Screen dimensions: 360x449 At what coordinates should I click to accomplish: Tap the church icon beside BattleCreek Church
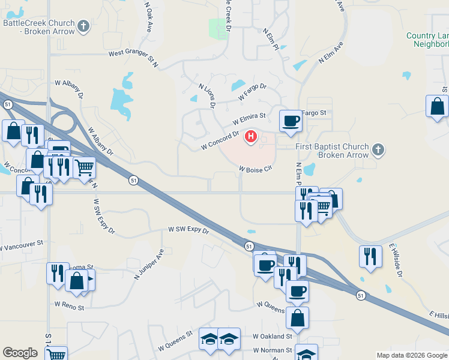point(83,26)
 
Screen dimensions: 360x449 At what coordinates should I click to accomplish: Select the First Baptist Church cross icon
point(378,149)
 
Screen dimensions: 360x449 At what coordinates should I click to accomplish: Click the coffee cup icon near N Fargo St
point(291,120)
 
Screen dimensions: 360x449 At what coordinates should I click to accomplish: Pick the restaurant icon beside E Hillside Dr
point(370,256)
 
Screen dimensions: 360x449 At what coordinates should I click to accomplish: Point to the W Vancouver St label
point(22,245)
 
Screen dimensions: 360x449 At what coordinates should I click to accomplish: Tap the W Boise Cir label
point(256,169)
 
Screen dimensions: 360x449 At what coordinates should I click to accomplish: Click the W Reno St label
point(69,306)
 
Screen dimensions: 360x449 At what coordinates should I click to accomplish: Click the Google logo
point(20,353)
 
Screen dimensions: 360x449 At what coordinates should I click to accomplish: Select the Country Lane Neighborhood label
point(427,40)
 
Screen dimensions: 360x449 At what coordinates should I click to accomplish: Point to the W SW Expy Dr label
point(188,230)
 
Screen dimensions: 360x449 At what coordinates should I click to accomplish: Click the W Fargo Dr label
point(252,92)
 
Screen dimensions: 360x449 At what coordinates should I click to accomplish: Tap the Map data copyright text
point(412,355)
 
